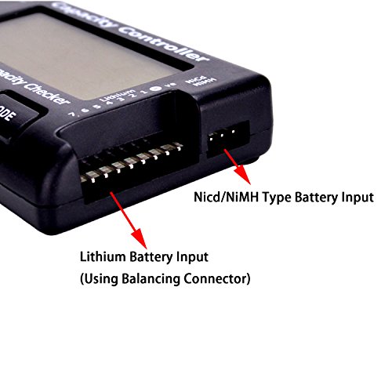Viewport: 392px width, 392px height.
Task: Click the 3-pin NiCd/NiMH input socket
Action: pos(226,138)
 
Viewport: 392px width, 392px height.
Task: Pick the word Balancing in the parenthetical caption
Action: pos(150,278)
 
